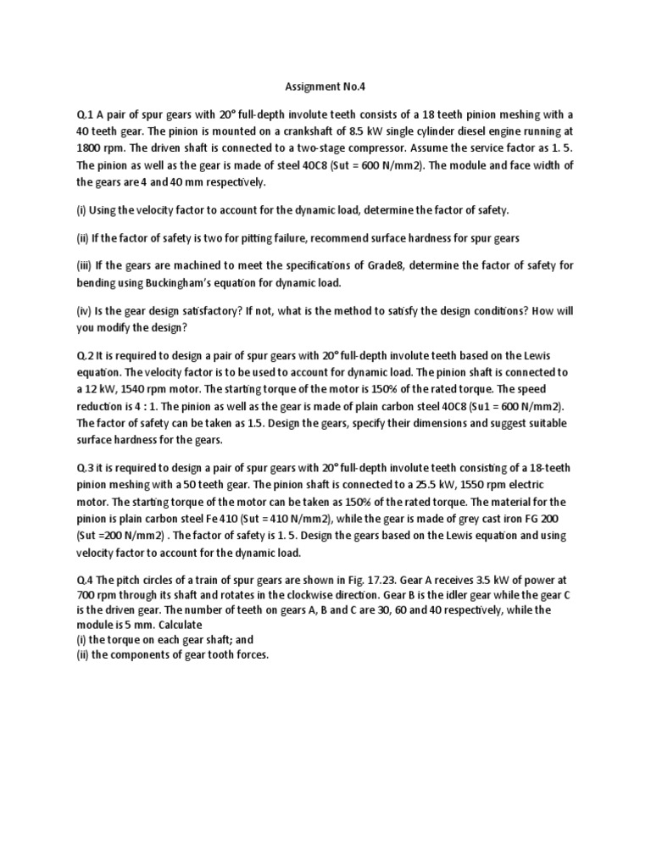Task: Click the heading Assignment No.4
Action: pyautogui.click(x=325, y=85)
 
